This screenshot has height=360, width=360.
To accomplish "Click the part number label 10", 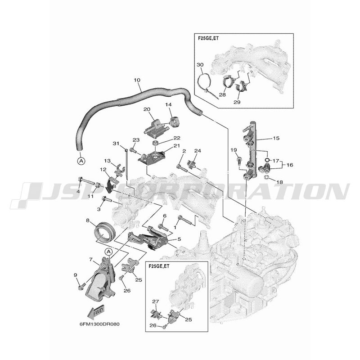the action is coord(137,80).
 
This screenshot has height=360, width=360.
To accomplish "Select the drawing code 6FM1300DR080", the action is coord(99,324).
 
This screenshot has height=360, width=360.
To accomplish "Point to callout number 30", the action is coord(200,65).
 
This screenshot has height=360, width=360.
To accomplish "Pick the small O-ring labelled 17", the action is coord(267,160).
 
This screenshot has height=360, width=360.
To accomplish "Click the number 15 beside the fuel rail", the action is coord(276,138).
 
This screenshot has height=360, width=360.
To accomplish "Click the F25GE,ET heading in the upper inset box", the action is coord(208,38).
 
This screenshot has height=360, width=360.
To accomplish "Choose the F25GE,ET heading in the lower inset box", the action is coord(159,266).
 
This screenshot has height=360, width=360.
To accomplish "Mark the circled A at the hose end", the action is coord(81,161).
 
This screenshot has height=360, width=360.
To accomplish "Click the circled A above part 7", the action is coord(108,252).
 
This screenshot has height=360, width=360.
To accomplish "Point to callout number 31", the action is coord(116,144).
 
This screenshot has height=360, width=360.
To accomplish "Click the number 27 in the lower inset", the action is coord(156,301).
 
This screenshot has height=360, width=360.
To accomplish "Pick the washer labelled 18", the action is coord(267,177).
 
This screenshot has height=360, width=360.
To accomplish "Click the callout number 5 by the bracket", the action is coord(179,239).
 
